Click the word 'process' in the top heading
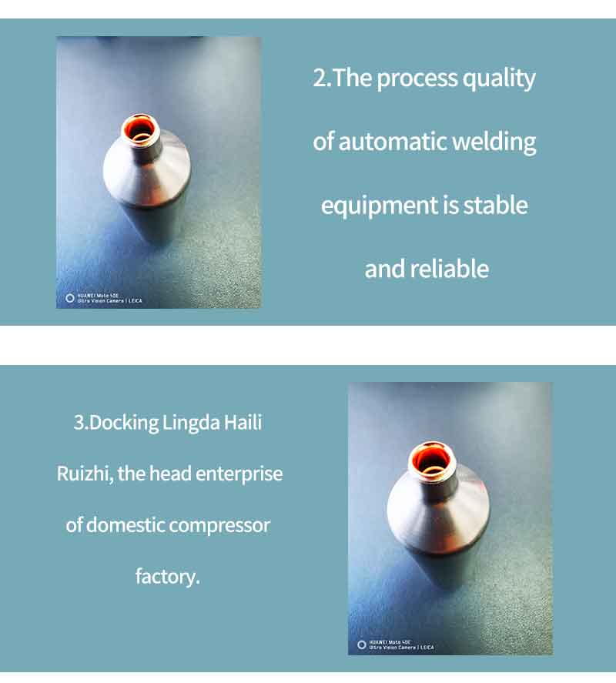[x=417, y=79]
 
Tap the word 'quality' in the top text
[x=499, y=79]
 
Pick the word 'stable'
[x=495, y=205]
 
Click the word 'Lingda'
[x=191, y=424]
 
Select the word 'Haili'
[x=243, y=423]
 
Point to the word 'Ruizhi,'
[x=85, y=474]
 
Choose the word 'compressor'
[x=219, y=526]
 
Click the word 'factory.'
[x=168, y=577]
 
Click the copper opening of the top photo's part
[x=140, y=129]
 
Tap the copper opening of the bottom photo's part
[x=431, y=460]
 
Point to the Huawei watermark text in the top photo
[x=109, y=298]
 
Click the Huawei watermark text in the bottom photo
[x=401, y=644]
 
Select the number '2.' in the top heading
[x=322, y=79]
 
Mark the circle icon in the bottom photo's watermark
[x=362, y=644]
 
